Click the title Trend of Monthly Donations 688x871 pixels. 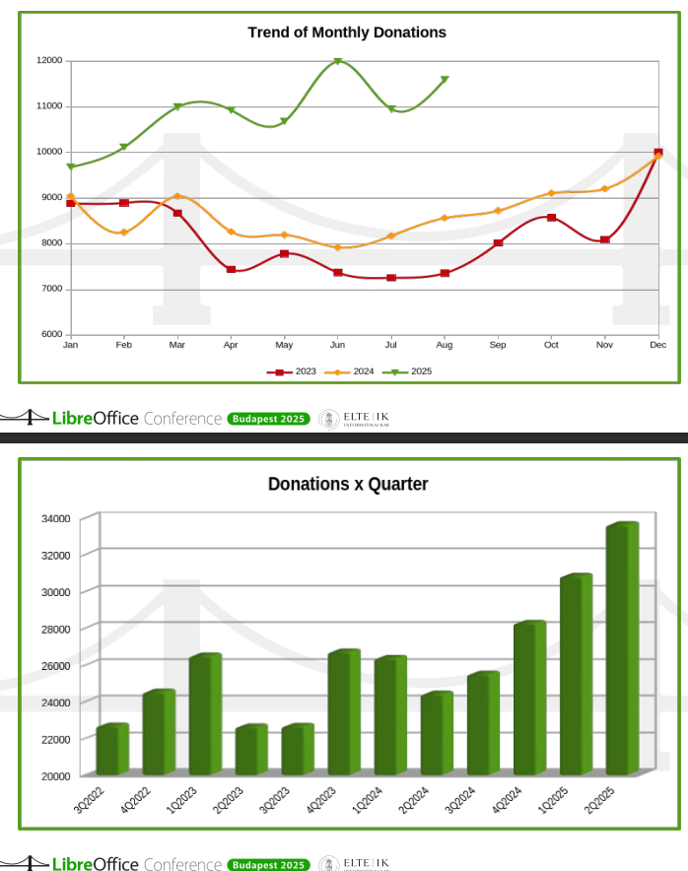tap(346, 33)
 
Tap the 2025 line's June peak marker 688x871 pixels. tap(337, 61)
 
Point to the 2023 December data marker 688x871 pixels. tap(657, 153)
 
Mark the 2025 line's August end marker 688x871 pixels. tap(445, 80)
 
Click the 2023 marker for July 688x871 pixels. tap(391, 278)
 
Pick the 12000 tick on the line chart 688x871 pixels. tap(49, 61)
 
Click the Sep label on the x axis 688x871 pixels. tap(498, 345)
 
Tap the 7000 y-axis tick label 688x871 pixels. tap(51, 289)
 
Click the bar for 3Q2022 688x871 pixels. tap(112, 750)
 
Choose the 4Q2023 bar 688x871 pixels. tap(344, 712)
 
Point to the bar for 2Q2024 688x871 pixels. tap(437, 734)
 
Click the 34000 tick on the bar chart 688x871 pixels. tap(55, 519)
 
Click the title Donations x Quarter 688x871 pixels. tap(348, 485)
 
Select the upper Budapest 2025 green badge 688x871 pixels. tap(268, 419)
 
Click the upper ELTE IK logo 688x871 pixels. tap(355, 419)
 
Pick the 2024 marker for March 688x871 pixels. tap(177, 197)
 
